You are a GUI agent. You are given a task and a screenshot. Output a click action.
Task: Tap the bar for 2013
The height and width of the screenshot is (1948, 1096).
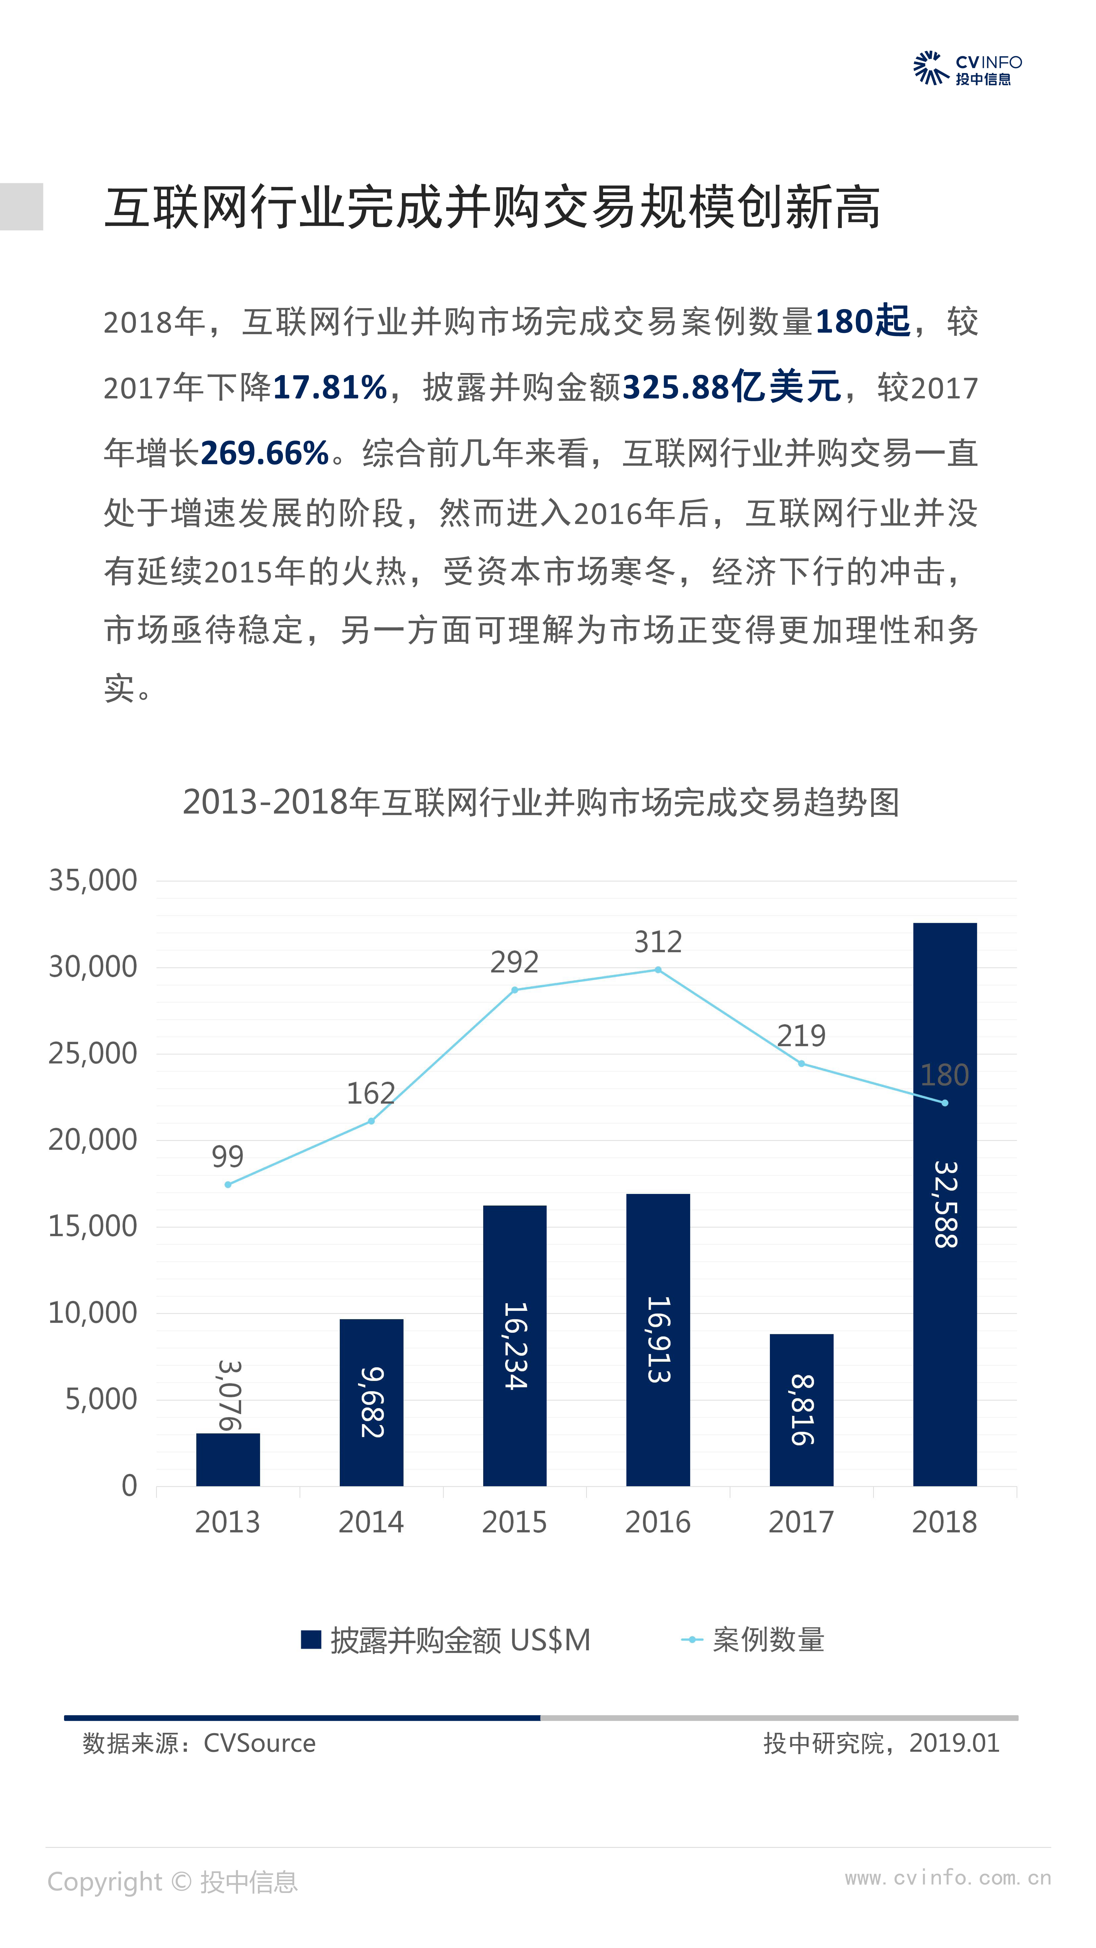[x=228, y=1459]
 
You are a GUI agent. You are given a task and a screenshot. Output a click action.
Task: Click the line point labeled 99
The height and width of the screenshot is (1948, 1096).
[x=228, y=1184]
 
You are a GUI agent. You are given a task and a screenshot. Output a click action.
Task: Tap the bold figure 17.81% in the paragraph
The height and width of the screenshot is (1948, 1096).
[x=330, y=387]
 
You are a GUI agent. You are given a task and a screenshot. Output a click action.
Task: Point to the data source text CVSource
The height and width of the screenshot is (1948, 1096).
[x=259, y=1743]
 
